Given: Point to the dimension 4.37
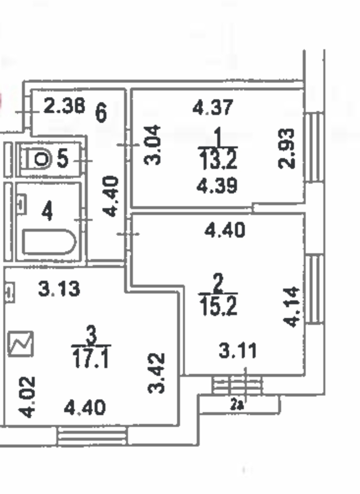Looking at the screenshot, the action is (x=213, y=107).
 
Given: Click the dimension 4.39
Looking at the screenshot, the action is (x=217, y=186).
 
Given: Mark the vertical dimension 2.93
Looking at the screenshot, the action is (x=286, y=148).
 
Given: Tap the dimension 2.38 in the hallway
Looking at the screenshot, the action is (x=64, y=106).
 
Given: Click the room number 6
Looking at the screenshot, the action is (x=101, y=112).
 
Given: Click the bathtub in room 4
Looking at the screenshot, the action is (x=49, y=242).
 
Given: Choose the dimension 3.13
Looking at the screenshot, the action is (x=59, y=289).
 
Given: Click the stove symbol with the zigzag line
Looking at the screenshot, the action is (x=21, y=343).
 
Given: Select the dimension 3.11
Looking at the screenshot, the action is (x=238, y=351).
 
